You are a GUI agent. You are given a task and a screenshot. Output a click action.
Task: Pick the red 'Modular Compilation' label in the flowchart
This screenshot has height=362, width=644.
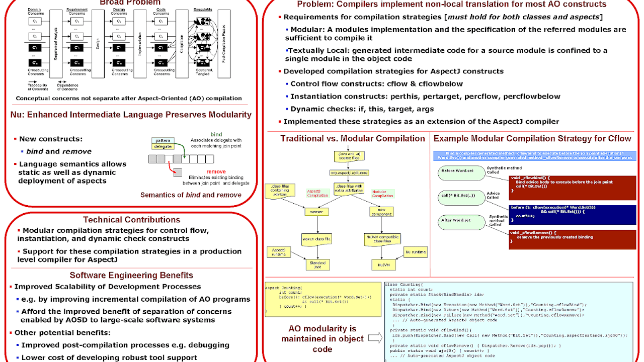383,193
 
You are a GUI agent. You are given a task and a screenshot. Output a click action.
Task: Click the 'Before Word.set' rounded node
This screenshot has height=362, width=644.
457,171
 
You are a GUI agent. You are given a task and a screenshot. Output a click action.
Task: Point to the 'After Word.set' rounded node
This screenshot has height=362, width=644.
457,220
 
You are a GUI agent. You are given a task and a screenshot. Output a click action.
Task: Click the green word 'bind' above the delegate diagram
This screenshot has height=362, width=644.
216,135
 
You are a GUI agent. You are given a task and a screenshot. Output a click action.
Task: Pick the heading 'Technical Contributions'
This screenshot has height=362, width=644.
131,220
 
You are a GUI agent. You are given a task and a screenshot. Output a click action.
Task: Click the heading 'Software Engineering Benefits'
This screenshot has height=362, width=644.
131,275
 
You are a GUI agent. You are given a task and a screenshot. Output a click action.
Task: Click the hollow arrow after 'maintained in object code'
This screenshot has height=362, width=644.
374,338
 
